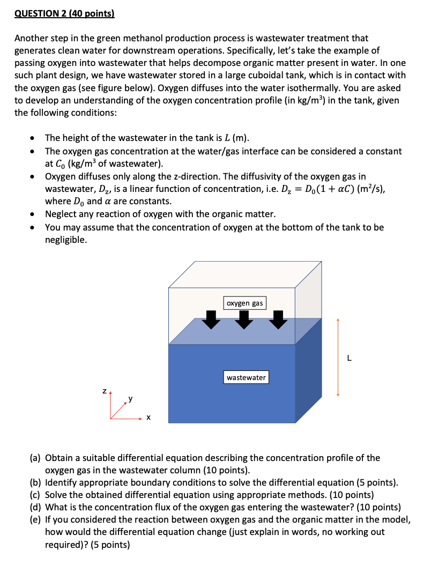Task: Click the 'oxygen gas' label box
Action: tap(244, 303)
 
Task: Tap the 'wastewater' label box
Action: tap(246, 378)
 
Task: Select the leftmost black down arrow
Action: tap(212, 320)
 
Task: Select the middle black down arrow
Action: tap(245, 320)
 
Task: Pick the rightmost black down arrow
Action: tap(278, 320)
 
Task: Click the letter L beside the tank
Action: tap(349, 359)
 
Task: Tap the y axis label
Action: tap(130, 399)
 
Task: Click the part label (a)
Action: tap(35, 458)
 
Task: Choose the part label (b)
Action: tap(35, 482)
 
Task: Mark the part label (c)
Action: tap(35, 495)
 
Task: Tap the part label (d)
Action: tap(35, 507)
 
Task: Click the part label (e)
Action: tap(35, 519)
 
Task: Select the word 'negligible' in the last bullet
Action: tap(66, 240)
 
